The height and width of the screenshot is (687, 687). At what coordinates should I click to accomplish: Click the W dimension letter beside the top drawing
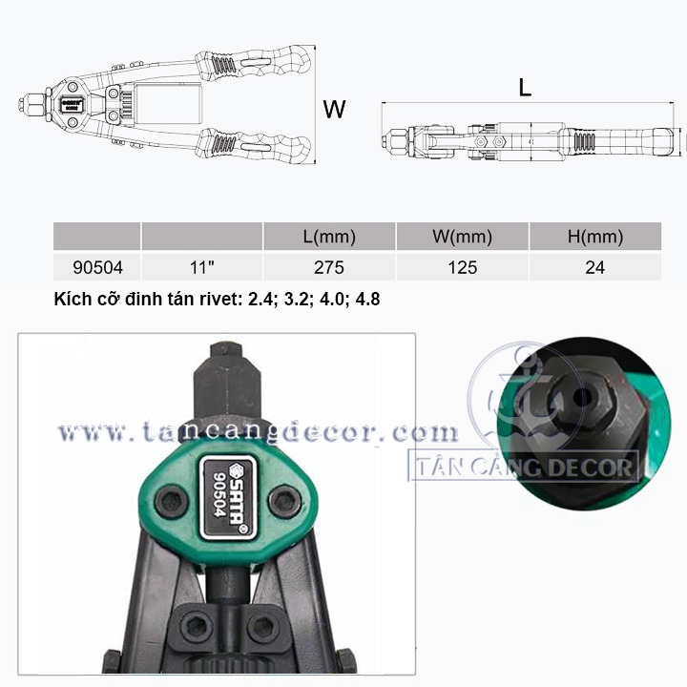(x=334, y=109)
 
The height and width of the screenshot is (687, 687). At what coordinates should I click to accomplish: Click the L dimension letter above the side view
(x=525, y=88)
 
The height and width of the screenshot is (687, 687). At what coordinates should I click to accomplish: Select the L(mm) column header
(x=329, y=237)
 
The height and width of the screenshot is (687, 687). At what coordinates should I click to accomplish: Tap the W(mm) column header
(x=462, y=237)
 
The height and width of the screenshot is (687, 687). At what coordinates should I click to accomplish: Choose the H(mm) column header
(x=595, y=237)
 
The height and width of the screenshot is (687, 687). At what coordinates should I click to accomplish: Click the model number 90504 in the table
(x=97, y=268)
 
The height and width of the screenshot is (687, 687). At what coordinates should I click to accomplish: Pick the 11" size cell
(x=202, y=267)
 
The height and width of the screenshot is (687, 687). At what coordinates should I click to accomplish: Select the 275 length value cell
(x=329, y=268)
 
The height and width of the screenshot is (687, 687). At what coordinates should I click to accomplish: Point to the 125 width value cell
(x=462, y=268)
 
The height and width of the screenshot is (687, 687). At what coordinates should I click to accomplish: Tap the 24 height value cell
(x=595, y=268)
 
